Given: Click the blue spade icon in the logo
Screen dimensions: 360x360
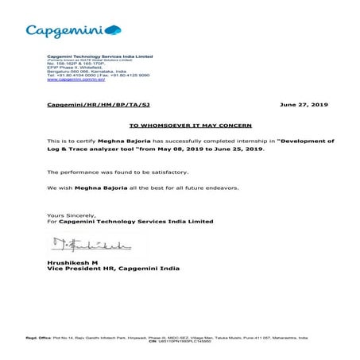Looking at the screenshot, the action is pos(113,29).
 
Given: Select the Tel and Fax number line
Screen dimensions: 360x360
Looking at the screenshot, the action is pos(87,76).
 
